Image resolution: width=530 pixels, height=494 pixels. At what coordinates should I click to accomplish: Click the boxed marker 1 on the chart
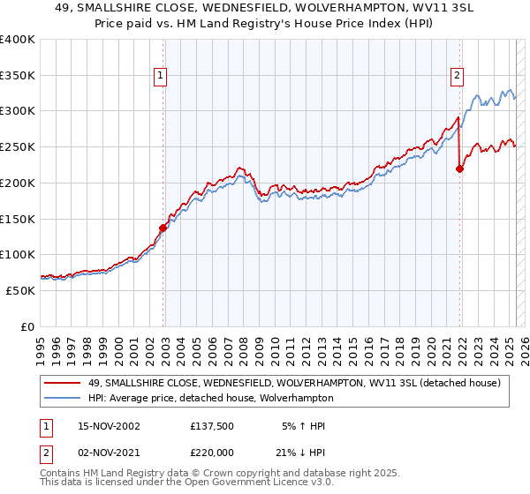pyautogui.click(x=162, y=77)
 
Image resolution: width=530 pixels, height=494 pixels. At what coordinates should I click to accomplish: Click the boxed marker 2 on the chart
pyautogui.click(x=458, y=77)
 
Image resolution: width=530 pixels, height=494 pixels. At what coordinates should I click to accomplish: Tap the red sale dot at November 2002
pyautogui.click(x=163, y=228)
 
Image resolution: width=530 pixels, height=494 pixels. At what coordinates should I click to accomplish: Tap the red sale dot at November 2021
pyautogui.click(x=459, y=168)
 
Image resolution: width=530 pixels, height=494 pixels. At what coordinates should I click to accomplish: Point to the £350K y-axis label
pyautogui.click(x=18, y=76)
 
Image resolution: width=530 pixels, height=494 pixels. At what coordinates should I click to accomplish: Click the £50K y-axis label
pyautogui.click(x=20, y=290)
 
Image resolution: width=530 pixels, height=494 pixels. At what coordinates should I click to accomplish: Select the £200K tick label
pyautogui.click(x=18, y=183)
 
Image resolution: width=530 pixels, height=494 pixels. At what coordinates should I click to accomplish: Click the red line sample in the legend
pyautogui.click(x=61, y=383)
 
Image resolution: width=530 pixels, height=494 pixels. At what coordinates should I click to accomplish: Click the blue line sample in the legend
pyautogui.click(x=61, y=398)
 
